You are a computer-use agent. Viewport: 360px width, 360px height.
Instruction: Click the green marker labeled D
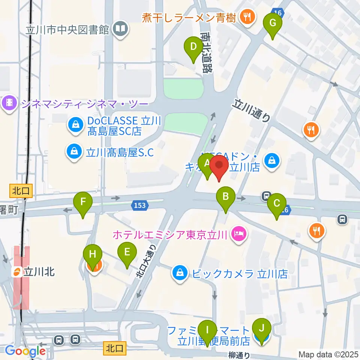[x=193, y=47]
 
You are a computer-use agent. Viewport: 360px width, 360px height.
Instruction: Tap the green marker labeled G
[x=273, y=24]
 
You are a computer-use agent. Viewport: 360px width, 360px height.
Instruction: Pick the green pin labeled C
[x=277, y=204]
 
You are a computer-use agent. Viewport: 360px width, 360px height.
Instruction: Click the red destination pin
[x=219, y=166]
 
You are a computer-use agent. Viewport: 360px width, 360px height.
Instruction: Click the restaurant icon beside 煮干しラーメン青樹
[x=247, y=17]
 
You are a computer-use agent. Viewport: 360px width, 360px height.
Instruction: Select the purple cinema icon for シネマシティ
[x=9, y=102]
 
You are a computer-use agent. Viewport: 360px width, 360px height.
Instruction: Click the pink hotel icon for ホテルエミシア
[x=238, y=235]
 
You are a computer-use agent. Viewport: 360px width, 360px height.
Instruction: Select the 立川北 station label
[x=39, y=272]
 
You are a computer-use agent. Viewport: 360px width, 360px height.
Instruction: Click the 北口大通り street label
[x=146, y=261]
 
